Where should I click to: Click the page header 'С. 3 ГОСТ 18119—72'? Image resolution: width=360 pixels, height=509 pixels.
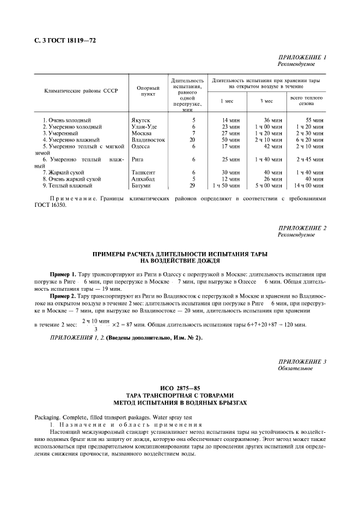click(62, 41)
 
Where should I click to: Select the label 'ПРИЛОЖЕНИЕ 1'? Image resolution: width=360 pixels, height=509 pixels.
click(303, 57)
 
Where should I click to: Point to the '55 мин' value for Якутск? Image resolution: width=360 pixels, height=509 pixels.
click(315, 119)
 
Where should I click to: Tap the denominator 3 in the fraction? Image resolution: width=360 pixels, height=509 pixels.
click(96, 329)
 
